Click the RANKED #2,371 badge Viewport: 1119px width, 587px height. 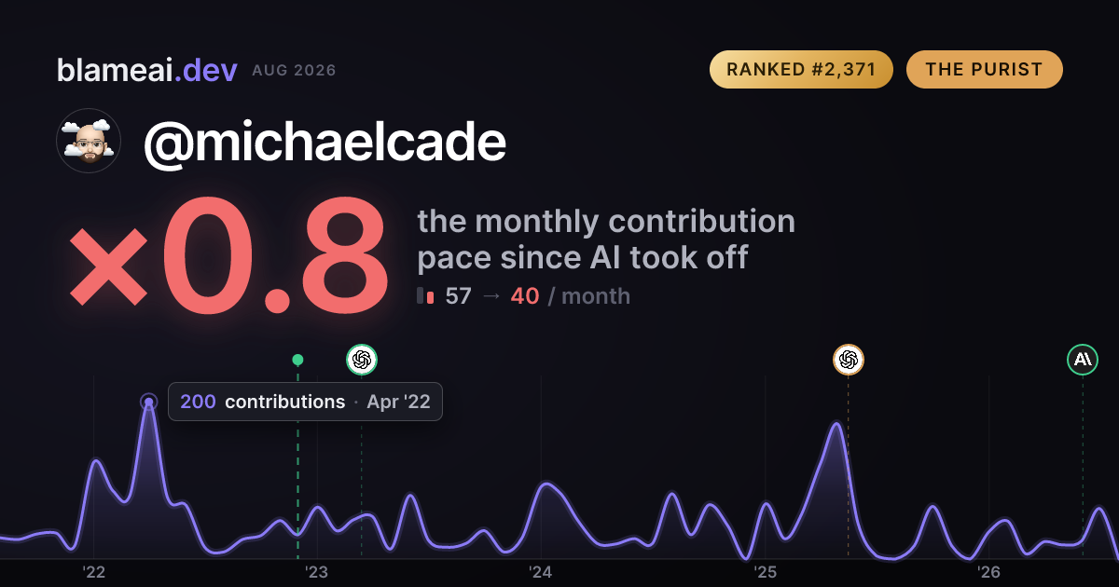click(x=801, y=69)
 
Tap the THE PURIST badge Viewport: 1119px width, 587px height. click(x=984, y=69)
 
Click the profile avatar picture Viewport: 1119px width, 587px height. click(x=89, y=141)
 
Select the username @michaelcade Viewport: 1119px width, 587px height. click(x=325, y=143)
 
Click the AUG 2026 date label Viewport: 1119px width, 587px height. click(x=294, y=71)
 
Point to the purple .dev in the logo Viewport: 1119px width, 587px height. click(x=206, y=70)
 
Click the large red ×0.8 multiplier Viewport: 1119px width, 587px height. click(x=228, y=254)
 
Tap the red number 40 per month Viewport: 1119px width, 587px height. click(x=524, y=296)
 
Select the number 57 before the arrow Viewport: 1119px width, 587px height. click(x=458, y=296)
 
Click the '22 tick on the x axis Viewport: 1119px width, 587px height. click(x=93, y=572)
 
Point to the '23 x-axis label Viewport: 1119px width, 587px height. click(x=317, y=572)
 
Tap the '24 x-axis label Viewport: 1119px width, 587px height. click(x=541, y=572)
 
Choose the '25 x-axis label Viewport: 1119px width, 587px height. click(x=765, y=572)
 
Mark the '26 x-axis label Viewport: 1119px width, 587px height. click(x=988, y=572)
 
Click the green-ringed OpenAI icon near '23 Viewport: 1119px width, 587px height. click(x=362, y=360)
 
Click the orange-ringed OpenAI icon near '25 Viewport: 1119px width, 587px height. click(x=849, y=360)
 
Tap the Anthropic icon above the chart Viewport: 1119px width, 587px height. click(x=1083, y=360)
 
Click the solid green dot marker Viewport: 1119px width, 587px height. click(x=297, y=360)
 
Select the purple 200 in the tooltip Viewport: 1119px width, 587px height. click(x=198, y=402)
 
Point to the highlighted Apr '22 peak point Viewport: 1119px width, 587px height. click(x=149, y=402)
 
